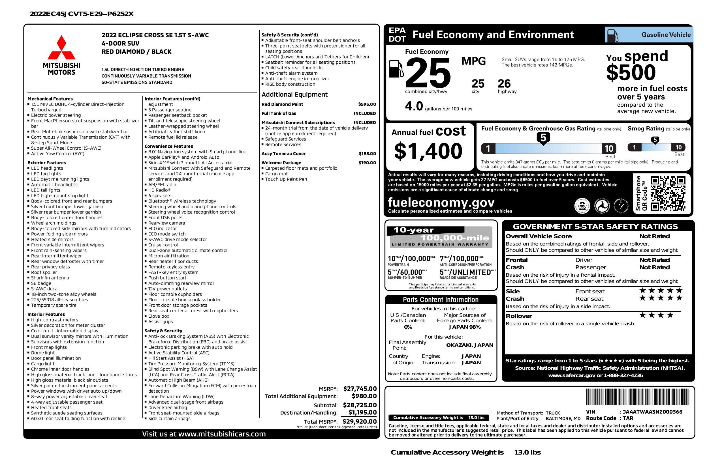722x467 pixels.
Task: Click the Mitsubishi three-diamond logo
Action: [61, 48]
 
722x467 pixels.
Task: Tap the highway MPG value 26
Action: [504, 84]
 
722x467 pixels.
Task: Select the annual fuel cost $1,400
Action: [428, 151]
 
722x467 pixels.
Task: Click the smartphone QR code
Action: [668, 193]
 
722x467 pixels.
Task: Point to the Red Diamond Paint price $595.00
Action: [367, 104]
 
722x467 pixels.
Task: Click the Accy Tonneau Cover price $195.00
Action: [367, 154]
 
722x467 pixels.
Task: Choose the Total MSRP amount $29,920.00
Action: [360, 421]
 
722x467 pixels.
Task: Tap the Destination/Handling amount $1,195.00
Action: [362, 412]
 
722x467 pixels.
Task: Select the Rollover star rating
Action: [656, 315]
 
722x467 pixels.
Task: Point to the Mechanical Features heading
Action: [50, 99]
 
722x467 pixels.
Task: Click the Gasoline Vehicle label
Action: [666, 35]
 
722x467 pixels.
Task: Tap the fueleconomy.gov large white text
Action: [441, 202]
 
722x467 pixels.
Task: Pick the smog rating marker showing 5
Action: [655, 140]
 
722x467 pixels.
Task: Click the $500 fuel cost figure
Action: [631, 73]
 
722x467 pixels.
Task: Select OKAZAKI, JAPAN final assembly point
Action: [469, 345]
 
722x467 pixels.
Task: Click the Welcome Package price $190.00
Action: [367, 163]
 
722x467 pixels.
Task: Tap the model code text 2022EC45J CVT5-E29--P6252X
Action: [82, 14]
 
